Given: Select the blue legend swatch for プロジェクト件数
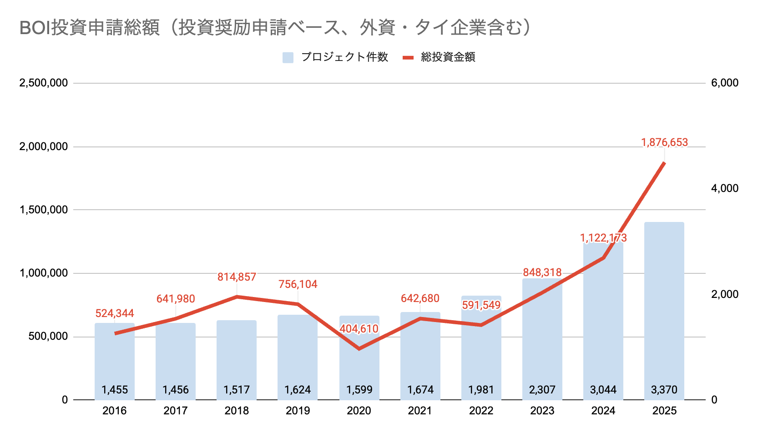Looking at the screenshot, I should click(288, 57).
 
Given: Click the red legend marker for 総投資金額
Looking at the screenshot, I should click(408, 57).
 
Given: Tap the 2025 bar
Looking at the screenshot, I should click(664, 309).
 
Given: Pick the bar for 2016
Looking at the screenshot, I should click(114, 359).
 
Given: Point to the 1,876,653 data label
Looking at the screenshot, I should click(664, 142).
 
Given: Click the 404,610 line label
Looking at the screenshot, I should click(359, 328).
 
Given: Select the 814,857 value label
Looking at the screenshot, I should click(237, 277).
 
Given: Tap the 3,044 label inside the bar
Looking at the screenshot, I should click(603, 390).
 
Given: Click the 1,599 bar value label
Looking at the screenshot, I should click(359, 390).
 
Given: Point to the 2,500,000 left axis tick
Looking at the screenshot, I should click(43, 83).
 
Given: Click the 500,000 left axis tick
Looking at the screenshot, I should click(48, 336).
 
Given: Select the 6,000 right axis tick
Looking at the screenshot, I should click(724, 83).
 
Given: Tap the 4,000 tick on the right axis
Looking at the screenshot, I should click(724, 188).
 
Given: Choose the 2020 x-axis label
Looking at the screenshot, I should click(359, 411).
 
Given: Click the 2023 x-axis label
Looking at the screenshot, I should click(542, 411).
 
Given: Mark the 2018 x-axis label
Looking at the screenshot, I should click(237, 411).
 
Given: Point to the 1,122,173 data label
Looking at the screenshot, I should click(603, 238).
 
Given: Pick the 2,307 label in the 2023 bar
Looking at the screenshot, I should click(542, 390).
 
